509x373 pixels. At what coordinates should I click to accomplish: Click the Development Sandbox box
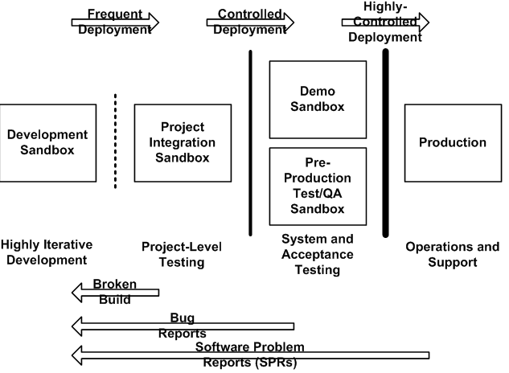[47, 142]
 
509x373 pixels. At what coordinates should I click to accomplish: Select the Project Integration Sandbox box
[183, 142]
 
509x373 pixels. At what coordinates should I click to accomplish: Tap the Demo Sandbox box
[317, 98]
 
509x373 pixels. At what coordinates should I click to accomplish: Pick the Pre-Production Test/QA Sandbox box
[317, 185]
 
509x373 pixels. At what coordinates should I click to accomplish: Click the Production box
[452, 142]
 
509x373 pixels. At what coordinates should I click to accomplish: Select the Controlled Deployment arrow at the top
[250, 22]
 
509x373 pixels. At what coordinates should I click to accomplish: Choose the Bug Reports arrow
[183, 326]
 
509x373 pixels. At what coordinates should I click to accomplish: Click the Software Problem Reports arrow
[249, 354]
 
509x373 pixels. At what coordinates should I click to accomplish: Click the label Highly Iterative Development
[47, 252]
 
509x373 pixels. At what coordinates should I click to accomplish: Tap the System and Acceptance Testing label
[317, 254]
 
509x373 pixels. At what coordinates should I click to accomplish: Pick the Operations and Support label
[452, 254]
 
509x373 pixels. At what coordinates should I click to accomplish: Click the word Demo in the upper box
[317, 91]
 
